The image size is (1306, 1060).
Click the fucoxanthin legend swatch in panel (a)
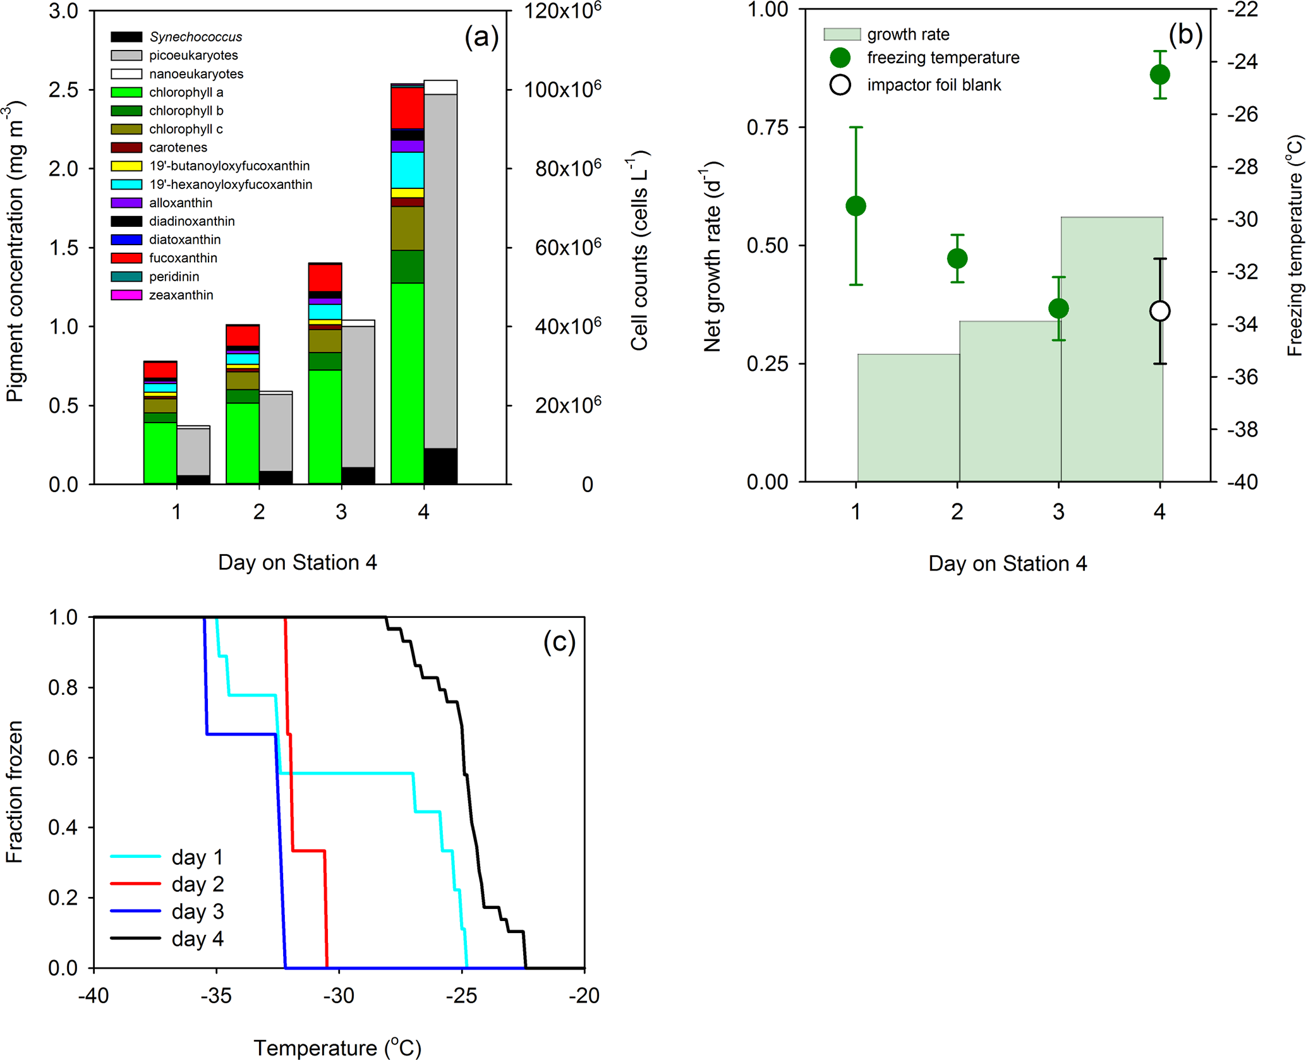tap(126, 258)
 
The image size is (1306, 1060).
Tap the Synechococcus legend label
tap(195, 37)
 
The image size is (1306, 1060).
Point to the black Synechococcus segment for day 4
tap(440, 466)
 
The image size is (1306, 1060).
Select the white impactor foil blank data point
tap(1159, 311)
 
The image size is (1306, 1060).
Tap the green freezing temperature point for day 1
tap(856, 206)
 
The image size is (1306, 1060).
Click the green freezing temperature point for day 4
tap(1159, 75)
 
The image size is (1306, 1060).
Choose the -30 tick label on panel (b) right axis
tap(1242, 220)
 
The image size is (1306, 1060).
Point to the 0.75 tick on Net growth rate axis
tap(767, 128)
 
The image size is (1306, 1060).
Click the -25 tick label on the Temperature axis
tap(461, 996)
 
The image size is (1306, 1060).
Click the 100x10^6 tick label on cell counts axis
tap(562, 89)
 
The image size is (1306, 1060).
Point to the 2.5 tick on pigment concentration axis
tap(63, 90)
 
